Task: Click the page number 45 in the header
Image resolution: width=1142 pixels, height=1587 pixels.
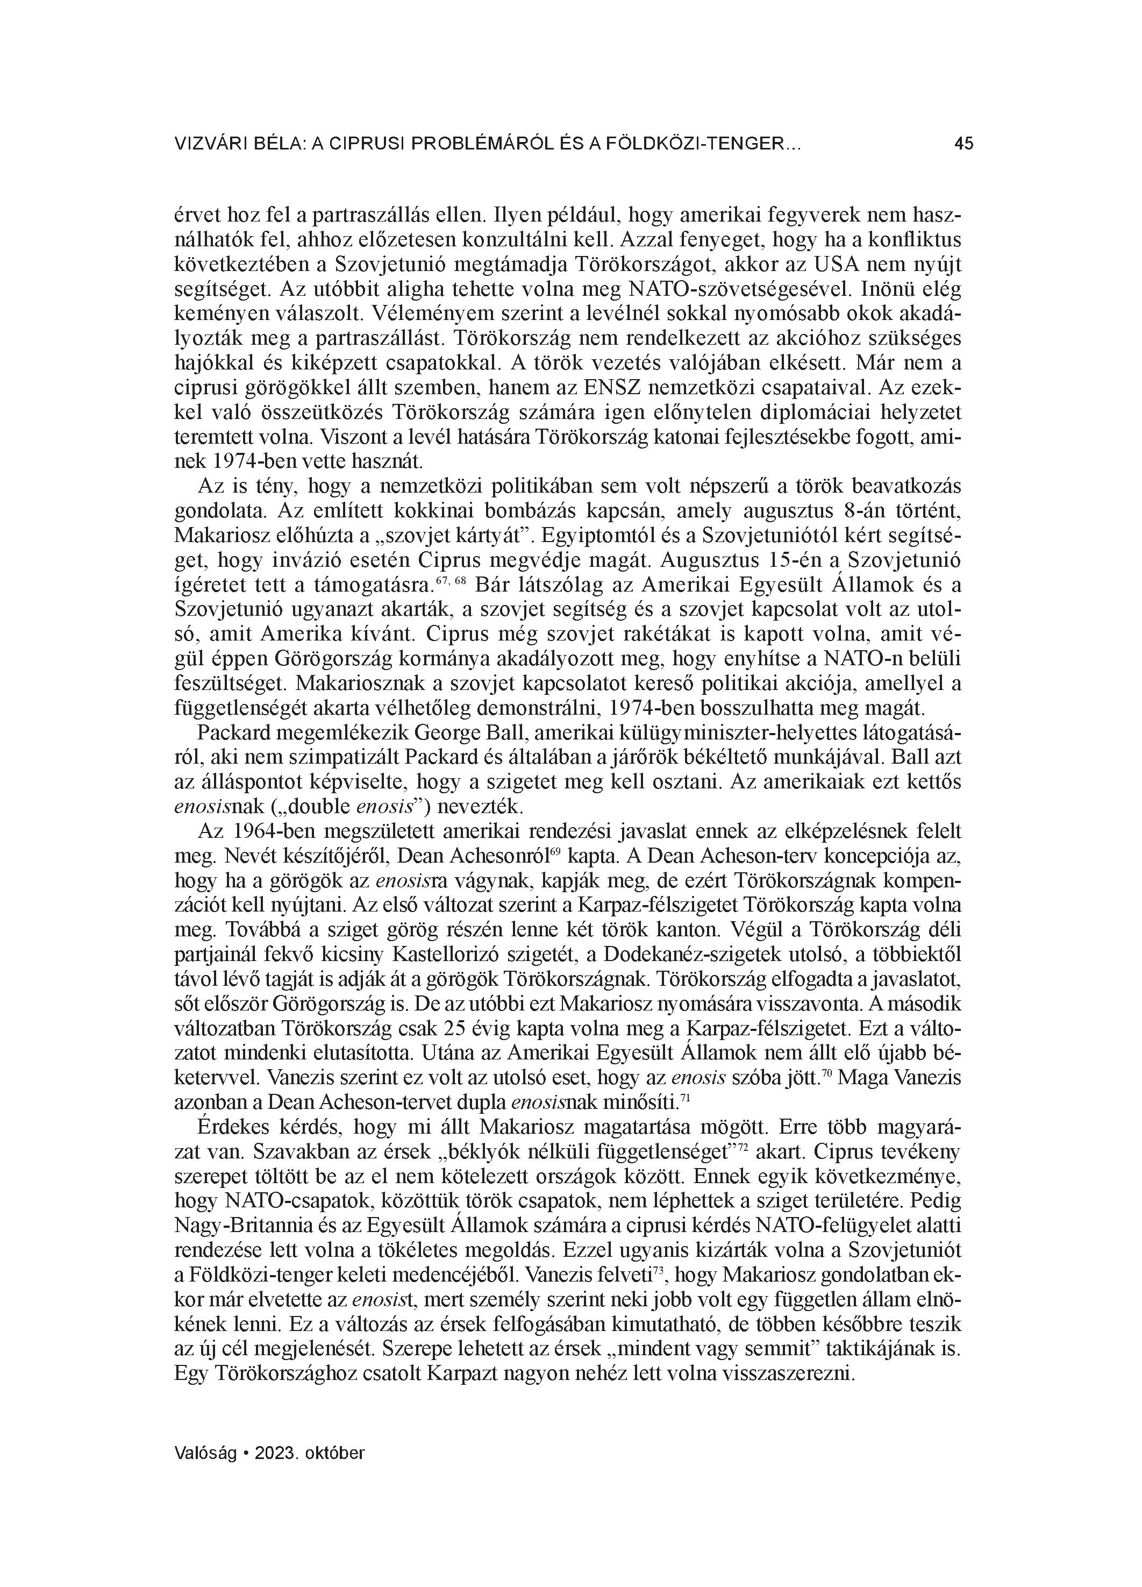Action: click(x=963, y=144)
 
